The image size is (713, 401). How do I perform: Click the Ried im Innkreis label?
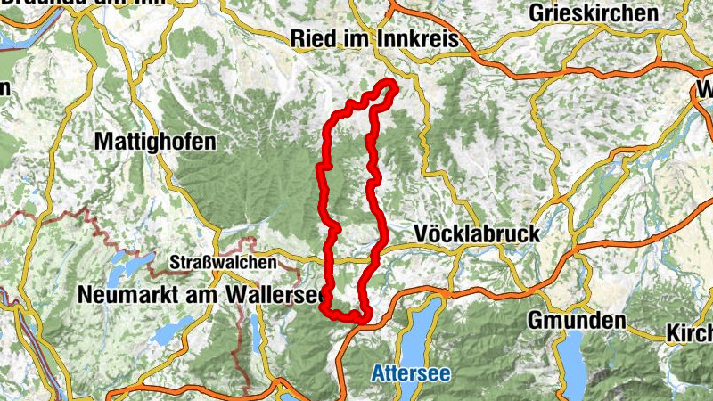pos(374,39)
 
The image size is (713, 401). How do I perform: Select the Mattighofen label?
pos(155,142)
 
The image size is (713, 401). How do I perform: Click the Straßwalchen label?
pos(223,264)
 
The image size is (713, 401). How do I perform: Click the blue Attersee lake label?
pos(411,372)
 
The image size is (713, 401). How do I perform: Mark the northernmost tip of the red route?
pos(389,83)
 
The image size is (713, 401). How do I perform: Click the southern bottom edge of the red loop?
pos(348,315)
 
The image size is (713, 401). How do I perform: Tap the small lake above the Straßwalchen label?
pos(125,260)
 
